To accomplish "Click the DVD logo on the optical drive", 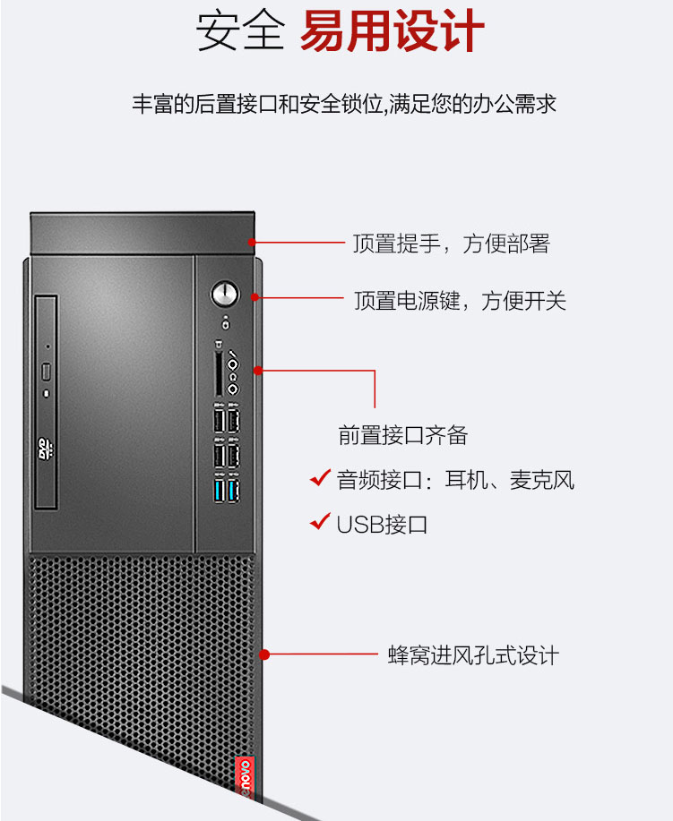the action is pos(46,449).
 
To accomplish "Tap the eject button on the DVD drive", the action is pos(46,372).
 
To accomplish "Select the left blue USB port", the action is pos(220,491).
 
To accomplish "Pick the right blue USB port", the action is pos(233,491).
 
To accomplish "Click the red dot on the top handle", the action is pos(252,242).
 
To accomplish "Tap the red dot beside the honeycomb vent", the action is pos(264,654).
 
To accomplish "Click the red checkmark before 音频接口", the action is pos(320,477).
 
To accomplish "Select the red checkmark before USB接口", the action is pos(320,521).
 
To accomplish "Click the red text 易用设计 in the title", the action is pos(392,31).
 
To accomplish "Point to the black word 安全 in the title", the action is pos(240,31).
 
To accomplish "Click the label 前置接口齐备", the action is pos(402,435).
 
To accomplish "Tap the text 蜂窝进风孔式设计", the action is pos(473,655).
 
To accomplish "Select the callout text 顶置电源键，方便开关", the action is pos(460,301).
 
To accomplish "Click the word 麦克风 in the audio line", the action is pos(542,480).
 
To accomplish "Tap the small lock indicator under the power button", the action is pos(226,323).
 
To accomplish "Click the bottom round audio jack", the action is pos(233,389).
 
